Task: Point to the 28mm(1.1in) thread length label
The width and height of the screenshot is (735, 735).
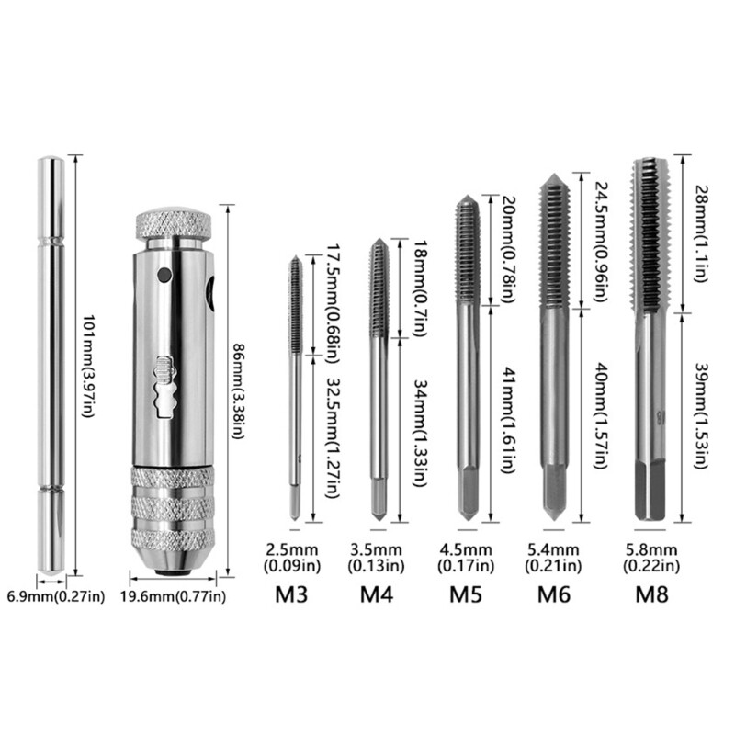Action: pyautogui.click(x=700, y=235)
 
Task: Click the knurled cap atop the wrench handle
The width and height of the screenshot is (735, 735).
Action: pyautogui.click(x=175, y=223)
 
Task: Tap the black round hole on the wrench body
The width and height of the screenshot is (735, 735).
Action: pyautogui.click(x=164, y=275)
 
